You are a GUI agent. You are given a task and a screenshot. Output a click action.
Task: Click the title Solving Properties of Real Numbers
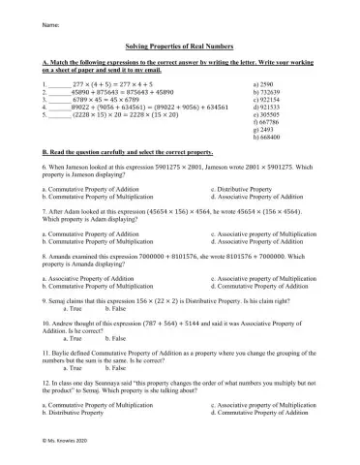tap(179, 45)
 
